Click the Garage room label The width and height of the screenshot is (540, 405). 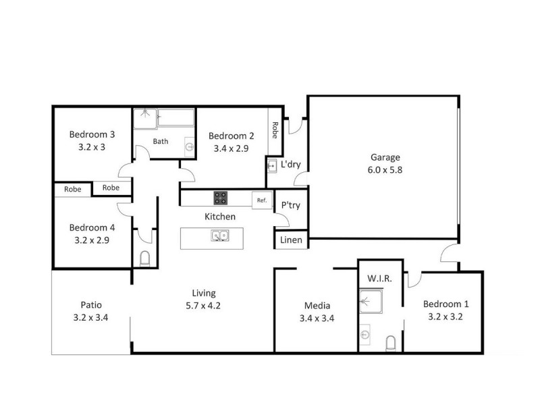[x=383, y=157]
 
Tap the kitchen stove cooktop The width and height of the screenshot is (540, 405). [x=221, y=198]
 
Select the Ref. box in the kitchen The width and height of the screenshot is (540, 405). [x=261, y=200]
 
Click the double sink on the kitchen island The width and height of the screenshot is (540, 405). [x=219, y=236]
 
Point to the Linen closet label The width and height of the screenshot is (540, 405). [x=291, y=240]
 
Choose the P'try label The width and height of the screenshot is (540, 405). [x=290, y=205]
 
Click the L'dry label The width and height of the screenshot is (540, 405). [x=290, y=164]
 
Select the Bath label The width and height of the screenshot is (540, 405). [x=161, y=141]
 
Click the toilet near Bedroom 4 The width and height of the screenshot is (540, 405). [x=144, y=259]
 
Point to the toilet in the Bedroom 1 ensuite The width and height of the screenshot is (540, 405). [x=390, y=344]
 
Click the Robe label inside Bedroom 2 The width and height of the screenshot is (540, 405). [x=275, y=129]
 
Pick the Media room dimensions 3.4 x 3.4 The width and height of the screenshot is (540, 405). [x=317, y=319]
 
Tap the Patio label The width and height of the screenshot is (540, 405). [x=90, y=304]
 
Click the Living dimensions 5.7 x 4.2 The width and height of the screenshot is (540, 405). [x=203, y=305]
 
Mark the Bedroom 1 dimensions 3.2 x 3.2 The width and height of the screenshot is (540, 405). [x=444, y=316]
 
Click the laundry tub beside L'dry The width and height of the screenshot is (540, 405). [x=271, y=165]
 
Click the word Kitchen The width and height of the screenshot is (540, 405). [x=220, y=217]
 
